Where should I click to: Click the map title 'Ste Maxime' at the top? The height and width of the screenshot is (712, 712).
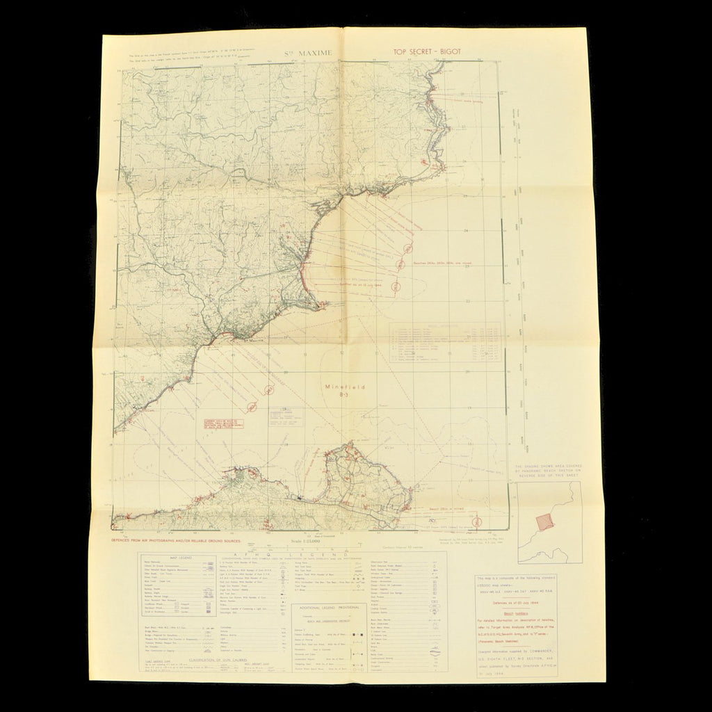(310, 52)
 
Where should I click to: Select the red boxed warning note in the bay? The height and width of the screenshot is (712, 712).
(218, 423)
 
